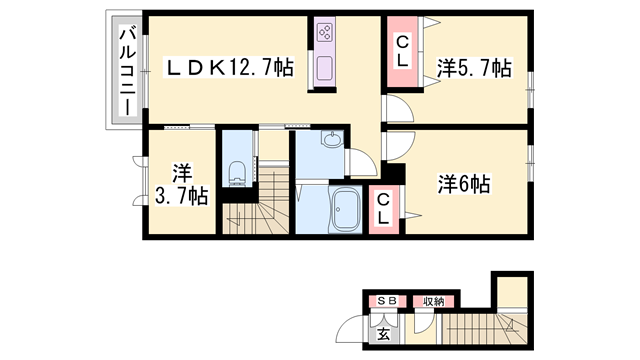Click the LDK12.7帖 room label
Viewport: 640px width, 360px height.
pyautogui.click(x=229, y=68)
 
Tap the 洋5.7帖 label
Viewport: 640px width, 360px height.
pyautogui.click(x=474, y=68)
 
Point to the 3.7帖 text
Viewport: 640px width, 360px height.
pyautogui.click(x=181, y=196)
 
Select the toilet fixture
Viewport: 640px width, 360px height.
pyautogui.click(x=237, y=173)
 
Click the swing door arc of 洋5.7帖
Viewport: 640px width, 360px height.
pyautogui.click(x=394, y=110)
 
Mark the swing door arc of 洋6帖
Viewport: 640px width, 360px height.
pyautogui.click(x=394, y=146)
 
